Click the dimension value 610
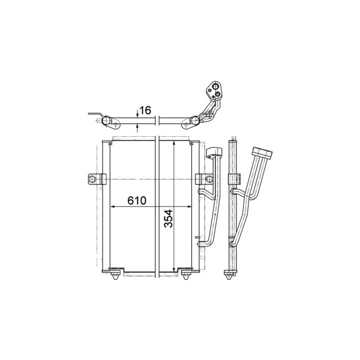pos(137,200)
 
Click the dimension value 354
pos(168,218)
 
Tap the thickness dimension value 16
pos(145,110)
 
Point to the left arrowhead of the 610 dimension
pos(112,206)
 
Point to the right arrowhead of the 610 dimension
pos(189,206)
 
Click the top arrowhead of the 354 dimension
pos(174,143)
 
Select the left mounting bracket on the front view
pos(97,179)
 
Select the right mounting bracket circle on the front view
pos(209,179)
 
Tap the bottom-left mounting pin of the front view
pos(115,275)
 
